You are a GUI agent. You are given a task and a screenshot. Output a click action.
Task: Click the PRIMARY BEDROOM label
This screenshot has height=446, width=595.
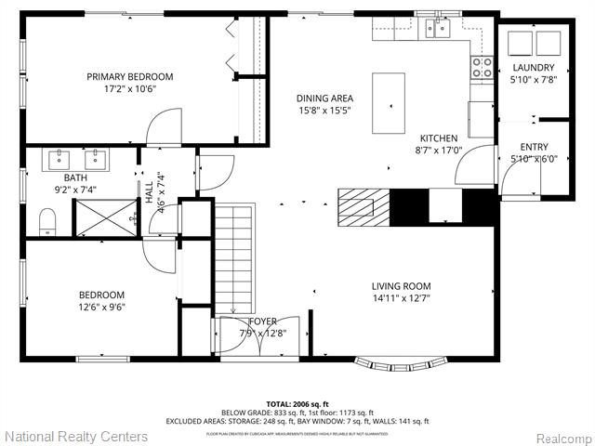click(130, 77)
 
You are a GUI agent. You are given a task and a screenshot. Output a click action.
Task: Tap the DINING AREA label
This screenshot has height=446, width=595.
click(324, 98)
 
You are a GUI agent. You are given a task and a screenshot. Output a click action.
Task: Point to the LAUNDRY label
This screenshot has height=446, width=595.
click(533, 68)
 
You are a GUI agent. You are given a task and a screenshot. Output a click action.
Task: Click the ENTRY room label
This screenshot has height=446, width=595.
click(534, 147)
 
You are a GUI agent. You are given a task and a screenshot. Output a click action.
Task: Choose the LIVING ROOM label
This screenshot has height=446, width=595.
click(401, 286)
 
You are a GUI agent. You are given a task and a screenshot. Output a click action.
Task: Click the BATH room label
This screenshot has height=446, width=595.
click(75, 177)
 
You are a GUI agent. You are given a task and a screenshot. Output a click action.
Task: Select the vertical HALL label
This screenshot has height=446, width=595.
click(149, 191)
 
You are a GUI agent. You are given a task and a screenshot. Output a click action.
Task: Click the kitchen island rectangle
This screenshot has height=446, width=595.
click(389, 103)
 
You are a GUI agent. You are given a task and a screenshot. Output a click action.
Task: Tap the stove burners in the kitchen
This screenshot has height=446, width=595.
click(483, 66)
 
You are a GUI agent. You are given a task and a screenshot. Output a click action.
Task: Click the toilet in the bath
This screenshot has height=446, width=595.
click(47, 221)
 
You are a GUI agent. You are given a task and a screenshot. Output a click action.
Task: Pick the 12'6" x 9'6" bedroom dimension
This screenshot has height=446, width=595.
click(102, 307)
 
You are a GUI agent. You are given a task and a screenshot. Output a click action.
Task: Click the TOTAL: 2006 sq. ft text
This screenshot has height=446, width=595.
click(297, 403)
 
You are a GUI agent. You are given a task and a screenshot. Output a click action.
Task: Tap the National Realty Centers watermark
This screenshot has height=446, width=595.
click(75, 436)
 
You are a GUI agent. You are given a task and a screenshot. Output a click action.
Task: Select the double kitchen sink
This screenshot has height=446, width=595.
click(437, 29)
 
